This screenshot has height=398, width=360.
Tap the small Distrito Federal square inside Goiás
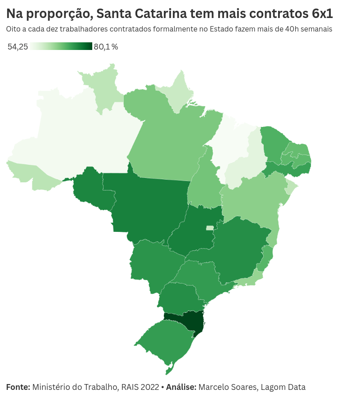pyautogui.click(x=210, y=228)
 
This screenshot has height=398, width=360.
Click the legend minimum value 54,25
pyautogui.click(x=18, y=47)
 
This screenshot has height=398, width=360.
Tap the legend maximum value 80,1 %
pyautogui.click(x=106, y=47)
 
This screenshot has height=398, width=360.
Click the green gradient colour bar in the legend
pyautogui.click(x=61, y=46)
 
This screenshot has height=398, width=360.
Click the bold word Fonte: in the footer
pyautogui.click(x=18, y=387)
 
